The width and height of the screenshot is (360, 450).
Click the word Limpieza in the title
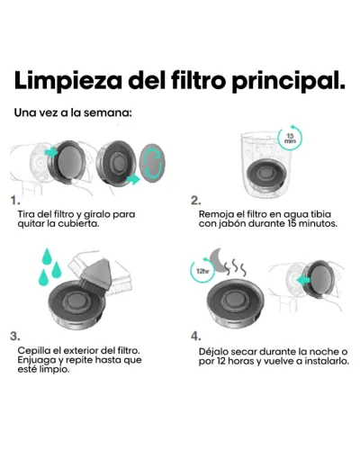[68, 81]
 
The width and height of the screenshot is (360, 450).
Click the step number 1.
[15, 201]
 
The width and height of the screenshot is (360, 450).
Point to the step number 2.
[196, 201]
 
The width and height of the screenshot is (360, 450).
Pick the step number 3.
[15, 337]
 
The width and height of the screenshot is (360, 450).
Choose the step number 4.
[196, 337]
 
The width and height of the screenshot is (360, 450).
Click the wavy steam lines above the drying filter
[235, 268]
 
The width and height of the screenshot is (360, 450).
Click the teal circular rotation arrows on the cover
[153, 165]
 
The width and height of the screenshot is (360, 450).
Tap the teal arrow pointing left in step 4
[303, 280]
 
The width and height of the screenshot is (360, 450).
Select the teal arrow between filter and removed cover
[133, 180]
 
